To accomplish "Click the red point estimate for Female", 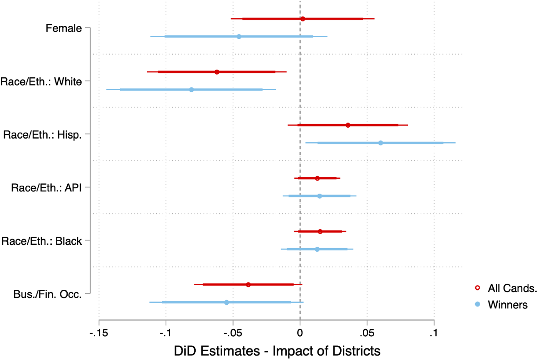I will click(x=303, y=19).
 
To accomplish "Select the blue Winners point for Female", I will click(x=239, y=36).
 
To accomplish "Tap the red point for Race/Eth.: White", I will click(x=217, y=72).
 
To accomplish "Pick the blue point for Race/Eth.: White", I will click(x=191, y=90).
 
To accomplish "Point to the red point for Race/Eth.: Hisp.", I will click(x=348, y=125).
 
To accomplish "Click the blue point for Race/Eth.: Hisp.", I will click(x=380, y=143).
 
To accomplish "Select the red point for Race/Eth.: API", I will click(x=317, y=178).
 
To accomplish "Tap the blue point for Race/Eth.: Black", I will click(x=317, y=249).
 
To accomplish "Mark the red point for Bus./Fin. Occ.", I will click(x=248, y=285).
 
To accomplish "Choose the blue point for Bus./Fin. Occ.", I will click(x=226, y=302).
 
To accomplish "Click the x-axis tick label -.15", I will click(x=99, y=333).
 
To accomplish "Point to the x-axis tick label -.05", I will click(x=233, y=333).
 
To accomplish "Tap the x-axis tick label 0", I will click(x=300, y=333).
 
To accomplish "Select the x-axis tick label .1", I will click(x=434, y=333).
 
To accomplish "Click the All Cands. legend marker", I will click(x=478, y=288).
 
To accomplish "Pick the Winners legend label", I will click(x=508, y=305).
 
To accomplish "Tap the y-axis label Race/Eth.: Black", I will click(x=42, y=241).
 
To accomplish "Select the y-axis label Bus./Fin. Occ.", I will click(x=48, y=294).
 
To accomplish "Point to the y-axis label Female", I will click(x=64, y=28).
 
